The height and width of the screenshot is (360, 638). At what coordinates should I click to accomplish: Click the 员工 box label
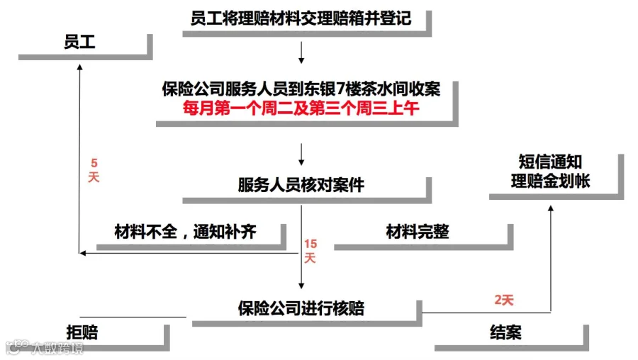point(79,43)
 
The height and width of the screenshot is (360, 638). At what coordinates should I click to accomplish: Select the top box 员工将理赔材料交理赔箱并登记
point(301,18)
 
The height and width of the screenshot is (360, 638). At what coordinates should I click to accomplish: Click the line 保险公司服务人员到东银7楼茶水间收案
point(301,90)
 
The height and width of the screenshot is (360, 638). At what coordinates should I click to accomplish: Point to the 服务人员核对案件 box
point(301,186)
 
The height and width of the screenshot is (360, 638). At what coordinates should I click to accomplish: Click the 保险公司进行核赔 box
point(301,308)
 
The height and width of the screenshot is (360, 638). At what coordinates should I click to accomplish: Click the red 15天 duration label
point(310,251)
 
